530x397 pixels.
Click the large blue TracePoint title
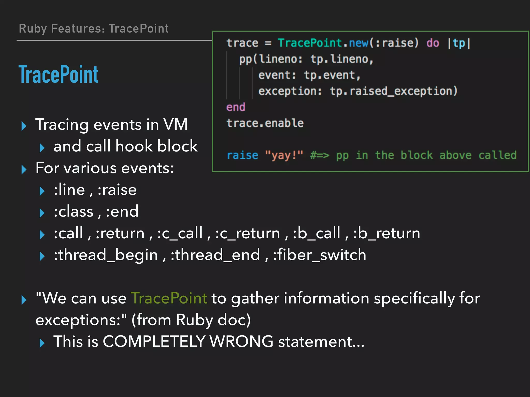pos(58,74)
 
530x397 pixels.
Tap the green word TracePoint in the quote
pos(169,298)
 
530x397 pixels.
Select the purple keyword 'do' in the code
pos(433,43)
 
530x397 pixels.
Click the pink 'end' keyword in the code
pos(235,107)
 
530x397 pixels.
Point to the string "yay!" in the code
pos(284,155)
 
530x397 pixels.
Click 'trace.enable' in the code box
pos(265,123)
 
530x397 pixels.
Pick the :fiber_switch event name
pos(320,255)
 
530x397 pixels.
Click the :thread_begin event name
pos(106,255)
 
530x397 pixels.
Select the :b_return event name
pos(387,233)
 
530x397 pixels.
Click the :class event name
pos(73,211)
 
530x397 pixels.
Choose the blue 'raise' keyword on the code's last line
pos(242,155)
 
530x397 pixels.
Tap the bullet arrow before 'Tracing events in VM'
pos(24,126)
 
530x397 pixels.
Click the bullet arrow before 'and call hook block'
pos(42,148)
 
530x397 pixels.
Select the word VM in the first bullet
pos(175,125)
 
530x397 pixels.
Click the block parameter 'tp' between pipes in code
pos(459,43)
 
